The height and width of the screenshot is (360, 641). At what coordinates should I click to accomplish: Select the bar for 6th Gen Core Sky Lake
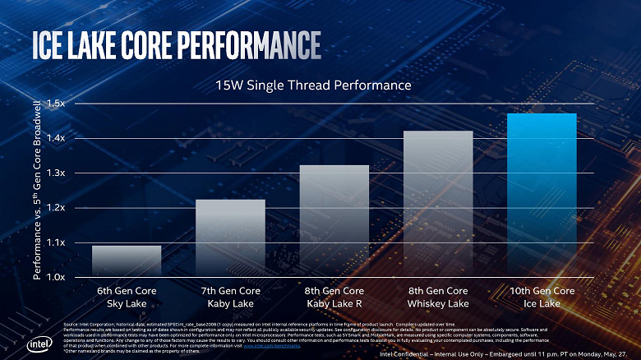pyautogui.click(x=126, y=261)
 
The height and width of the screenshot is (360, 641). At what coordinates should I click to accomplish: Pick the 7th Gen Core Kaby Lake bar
pyautogui.click(x=230, y=238)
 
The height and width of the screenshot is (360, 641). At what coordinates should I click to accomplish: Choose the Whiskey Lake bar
pyautogui.click(x=438, y=203)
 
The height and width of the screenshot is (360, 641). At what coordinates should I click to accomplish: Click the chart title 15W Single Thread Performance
pyautogui.click(x=312, y=85)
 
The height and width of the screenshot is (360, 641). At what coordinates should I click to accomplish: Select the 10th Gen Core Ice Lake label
pyautogui.click(x=542, y=297)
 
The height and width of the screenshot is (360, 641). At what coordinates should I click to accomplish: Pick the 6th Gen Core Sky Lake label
pyautogui.click(x=126, y=297)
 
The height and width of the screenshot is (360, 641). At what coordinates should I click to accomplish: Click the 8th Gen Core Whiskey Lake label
pyautogui.click(x=438, y=297)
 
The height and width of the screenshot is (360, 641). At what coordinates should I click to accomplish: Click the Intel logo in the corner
pyautogui.click(x=37, y=344)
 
